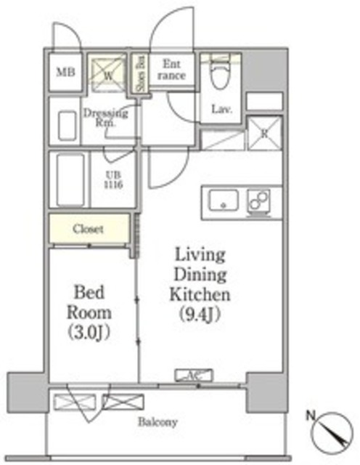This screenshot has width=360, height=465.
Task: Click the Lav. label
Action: [x=221, y=110]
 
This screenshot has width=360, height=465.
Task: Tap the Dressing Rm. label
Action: [x=106, y=117]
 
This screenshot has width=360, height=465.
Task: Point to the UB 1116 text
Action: [x=112, y=180]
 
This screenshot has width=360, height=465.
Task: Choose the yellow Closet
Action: [x=89, y=229]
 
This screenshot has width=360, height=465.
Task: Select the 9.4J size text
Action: [x=199, y=315]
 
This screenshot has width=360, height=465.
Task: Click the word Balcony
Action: [x=160, y=422]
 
